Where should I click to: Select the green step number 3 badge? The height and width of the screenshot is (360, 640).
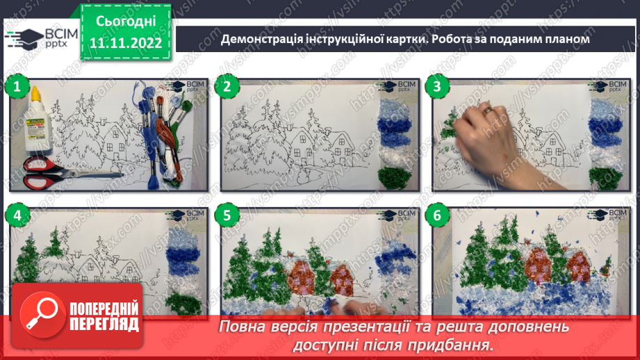tap(436, 87)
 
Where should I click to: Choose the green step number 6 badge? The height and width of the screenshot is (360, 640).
tap(436, 216)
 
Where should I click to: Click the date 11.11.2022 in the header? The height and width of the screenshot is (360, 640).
tap(126, 43)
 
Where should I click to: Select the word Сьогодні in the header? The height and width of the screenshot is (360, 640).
tap(126, 21)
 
